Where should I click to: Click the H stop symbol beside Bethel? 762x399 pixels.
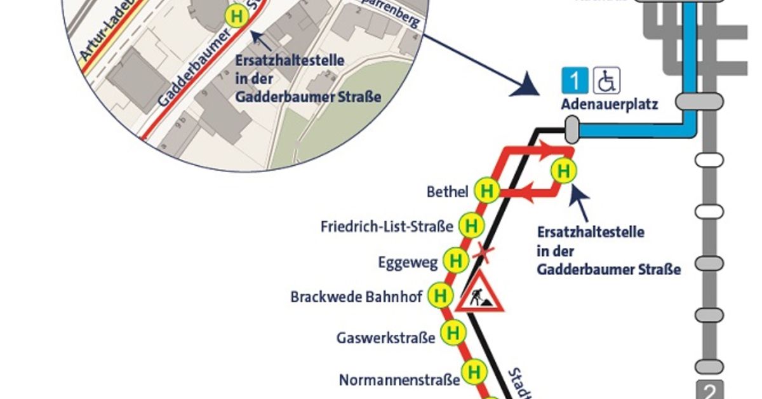pos(487,191)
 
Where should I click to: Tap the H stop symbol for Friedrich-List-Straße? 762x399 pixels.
pos(471,226)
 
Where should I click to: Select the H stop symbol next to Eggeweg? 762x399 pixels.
pos(455,260)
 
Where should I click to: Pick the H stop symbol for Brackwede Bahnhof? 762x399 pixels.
pos(439,295)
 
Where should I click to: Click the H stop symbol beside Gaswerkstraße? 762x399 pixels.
pos(453,332)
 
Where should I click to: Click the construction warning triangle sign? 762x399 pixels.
pos(479,293)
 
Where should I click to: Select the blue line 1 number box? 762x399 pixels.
pos(575,81)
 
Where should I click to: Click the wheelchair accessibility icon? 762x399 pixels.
pos(607,81)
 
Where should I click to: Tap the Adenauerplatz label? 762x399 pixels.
pos(609,104)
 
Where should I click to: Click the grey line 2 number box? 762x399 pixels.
pos(709,389)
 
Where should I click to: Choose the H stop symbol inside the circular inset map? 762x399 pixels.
pos(237,16)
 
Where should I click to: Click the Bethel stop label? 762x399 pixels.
pos(448,191)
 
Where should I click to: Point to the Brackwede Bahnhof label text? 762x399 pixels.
pos(356,297)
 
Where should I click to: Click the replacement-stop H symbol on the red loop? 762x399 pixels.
pos(563,171)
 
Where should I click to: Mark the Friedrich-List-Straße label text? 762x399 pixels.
pos(387,226)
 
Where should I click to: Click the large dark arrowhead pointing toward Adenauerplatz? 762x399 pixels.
pos(527,85)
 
